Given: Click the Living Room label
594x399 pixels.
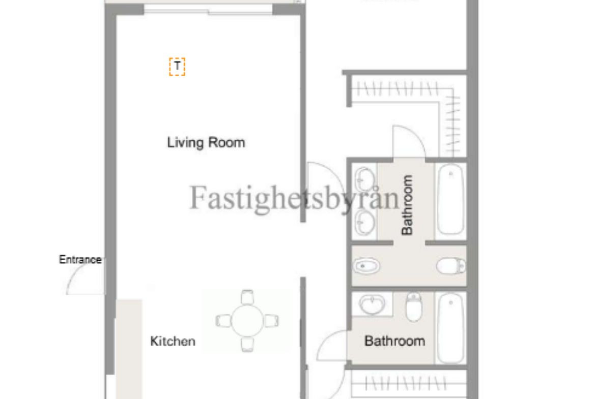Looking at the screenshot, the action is [x=206, y=143].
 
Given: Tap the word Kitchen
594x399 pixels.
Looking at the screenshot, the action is [x=173, y=341].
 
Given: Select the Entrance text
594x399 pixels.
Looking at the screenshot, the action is [x=80, y=259].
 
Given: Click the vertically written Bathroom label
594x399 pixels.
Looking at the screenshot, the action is [x=407, y=205].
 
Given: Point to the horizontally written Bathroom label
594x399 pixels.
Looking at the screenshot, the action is [x=395, y=341].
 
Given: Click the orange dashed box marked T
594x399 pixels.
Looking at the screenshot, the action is [x=177, y=67].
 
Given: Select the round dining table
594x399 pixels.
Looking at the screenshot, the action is [x=247, y=321].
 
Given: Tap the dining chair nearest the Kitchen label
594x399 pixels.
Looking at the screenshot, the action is [x=223, y=321].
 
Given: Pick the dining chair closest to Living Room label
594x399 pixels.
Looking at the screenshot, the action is [x=247, y=297].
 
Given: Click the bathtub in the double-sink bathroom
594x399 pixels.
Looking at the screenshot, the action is [x=450, y=199].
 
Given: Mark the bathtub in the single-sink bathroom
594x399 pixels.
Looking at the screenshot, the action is [x=450, y=328].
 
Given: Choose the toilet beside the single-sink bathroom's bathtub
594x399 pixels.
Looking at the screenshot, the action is [x=414, y=306].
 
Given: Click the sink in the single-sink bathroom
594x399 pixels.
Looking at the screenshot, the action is [x=372, y=304].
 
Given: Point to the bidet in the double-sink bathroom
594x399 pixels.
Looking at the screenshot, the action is [x=366, y=266].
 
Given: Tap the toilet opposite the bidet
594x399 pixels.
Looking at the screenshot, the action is [x=451, y=266].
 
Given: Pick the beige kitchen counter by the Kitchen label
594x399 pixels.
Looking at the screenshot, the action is [x=129, y=349].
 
